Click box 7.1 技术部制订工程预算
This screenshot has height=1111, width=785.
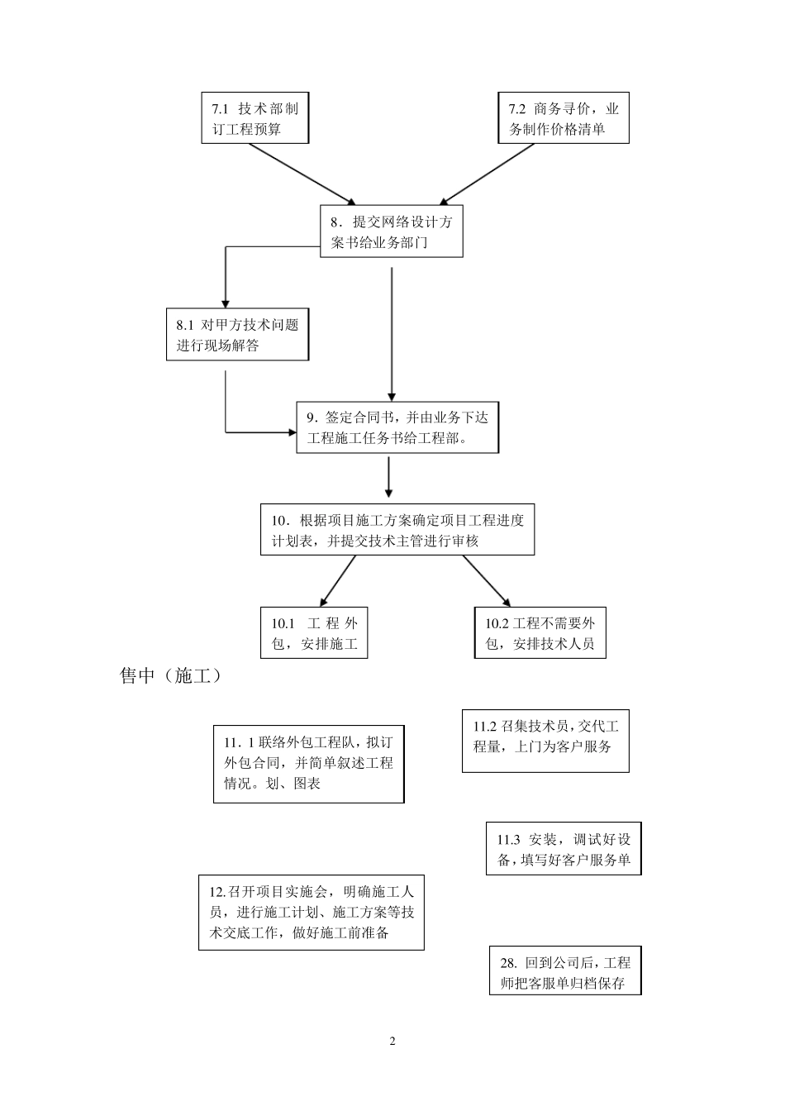[x=255, y=118]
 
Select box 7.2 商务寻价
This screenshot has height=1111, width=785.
[x=564, y=118]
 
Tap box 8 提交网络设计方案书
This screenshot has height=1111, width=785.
[x=392, y=232]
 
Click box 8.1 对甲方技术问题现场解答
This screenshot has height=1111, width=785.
[x=237, y=335]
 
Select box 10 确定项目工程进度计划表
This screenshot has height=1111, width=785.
[x=397, y=530]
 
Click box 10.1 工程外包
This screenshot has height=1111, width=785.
[x=314, y=633]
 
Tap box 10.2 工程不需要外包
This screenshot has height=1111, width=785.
[x=540, y=633]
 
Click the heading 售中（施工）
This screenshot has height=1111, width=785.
[x=171, y=675]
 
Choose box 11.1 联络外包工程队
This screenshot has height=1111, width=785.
[x=308, y=763]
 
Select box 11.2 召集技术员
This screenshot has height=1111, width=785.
[x=545, y=741]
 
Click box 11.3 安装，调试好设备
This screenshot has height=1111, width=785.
[x=564, y=849]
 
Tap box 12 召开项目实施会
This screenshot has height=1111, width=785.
[x=311, y=913]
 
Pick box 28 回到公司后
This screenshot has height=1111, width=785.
[x=565, y=971]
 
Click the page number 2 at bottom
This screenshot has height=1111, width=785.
[x=392, y=1041]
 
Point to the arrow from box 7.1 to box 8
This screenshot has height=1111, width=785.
[x=302, y=174]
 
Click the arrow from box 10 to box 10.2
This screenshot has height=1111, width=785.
[x=488, y=581]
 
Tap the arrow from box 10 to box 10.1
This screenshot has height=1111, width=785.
[x=337, y=581]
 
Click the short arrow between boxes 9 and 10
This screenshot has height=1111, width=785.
[x=388, y=478]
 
